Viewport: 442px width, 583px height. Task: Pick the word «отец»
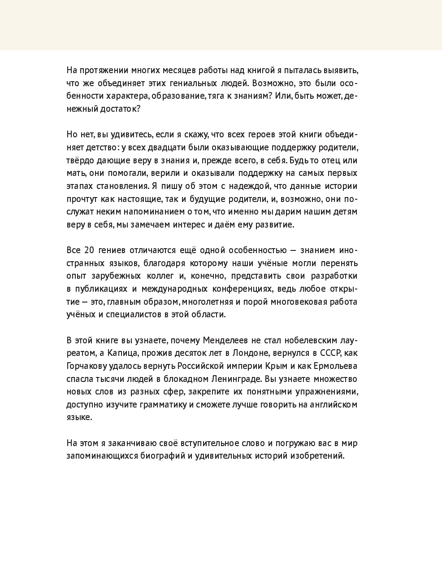pyautogui.click(x=332, y=160)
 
